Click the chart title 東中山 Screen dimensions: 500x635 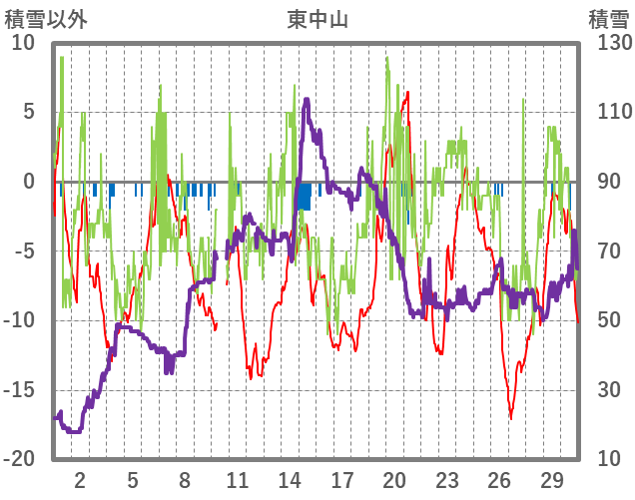(317, 19)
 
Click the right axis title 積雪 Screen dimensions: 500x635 (608, 19)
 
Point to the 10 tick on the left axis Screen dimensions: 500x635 (23, 43)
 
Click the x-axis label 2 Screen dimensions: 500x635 (80, 478)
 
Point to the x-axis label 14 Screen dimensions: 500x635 (290, 478)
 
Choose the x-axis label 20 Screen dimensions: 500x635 (394, 478)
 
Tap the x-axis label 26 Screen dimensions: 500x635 (499, 478)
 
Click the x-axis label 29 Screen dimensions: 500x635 (551, 478)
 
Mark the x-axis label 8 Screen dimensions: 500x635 (185, 478)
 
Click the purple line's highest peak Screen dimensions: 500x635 (307, 100)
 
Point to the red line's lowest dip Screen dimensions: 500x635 (511, 417)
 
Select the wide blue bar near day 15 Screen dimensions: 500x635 (305, 196)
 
